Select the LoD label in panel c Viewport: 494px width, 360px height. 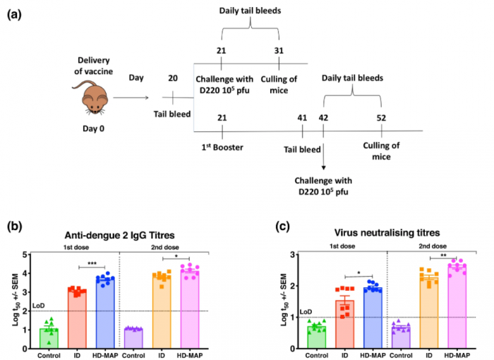(x=286, y=311)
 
